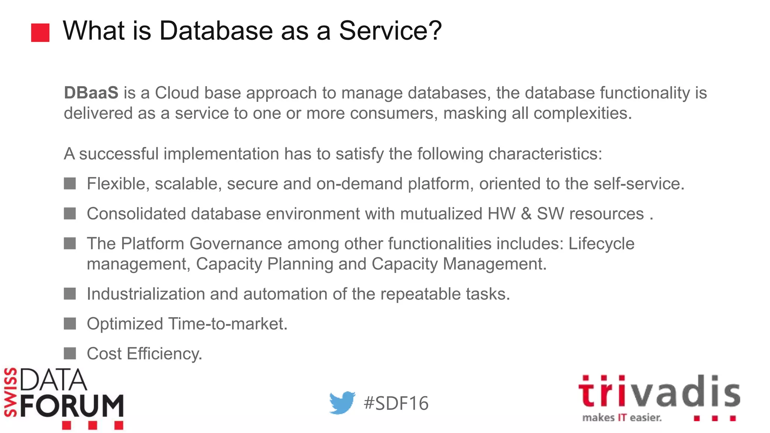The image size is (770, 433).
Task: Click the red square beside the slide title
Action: tap(40, 33)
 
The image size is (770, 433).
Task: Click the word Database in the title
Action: tap(216, 30)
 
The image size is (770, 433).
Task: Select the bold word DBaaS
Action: tap(91, 93)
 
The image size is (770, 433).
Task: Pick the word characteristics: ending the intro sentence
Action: tap(545, 154)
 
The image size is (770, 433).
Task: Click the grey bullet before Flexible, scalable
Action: tap(70, 184)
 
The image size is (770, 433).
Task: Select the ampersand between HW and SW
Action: tap(526, 214)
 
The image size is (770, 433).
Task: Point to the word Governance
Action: tap(235, 244)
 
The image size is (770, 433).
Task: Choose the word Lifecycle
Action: tap(601, 244)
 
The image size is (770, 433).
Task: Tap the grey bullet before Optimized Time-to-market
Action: tap(70, 324)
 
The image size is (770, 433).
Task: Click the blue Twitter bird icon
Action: tap(342, 403)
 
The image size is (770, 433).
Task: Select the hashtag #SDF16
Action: tap(396, 403)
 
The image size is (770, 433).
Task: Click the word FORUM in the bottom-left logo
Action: tap(72, 406)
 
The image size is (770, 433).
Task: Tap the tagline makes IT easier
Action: tap(621, 418)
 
